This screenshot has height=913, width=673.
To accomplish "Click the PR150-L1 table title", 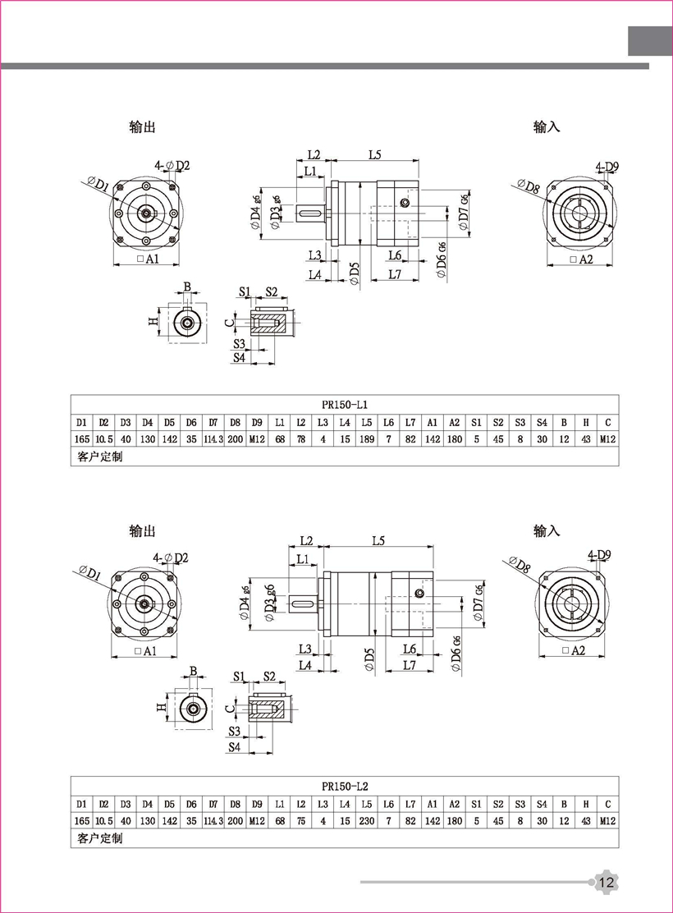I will pyautogui.click(x=345, y=405).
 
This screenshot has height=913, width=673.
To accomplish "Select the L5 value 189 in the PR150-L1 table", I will pyautogui.click(x=367, y=439).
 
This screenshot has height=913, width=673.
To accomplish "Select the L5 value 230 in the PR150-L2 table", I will pyautogui.click(x=367, y=820).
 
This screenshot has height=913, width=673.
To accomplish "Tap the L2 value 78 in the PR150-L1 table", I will pyautogui.click(x=301, y=439).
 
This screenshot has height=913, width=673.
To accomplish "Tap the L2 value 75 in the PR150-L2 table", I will pyautogui.click(x=301, y=820).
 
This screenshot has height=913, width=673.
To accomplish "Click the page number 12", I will pyautogui.click(x=607, y=883).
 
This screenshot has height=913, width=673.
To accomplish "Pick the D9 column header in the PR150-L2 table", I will pyautogui.click(x=258, y=803).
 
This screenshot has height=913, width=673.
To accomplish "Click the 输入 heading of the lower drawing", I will pyautogui.click(x=547, y=531).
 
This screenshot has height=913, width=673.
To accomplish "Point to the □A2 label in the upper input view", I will pyautogui.click(x=580, y=259).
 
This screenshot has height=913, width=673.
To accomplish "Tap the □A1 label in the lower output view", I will pyautogui.click(x=145, y=651).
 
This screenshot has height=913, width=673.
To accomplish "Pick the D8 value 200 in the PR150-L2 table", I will pyautogui.click(x=236, y=820).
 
